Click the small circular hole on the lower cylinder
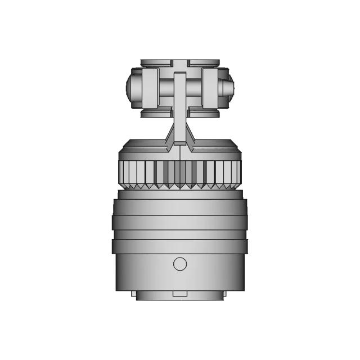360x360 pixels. tap(180, 263)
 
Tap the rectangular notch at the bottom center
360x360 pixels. tap(180, 294)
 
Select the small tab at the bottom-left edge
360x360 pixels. tap(133, 294)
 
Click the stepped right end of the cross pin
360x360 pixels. tap(229, 89)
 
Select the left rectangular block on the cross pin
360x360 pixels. tap(149, 89)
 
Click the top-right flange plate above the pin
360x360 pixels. tap(204, 62)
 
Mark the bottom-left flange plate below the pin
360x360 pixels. tap(155, 114)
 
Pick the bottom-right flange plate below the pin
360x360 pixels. tap(204, 114)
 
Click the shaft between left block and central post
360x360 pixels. tap(166, 89)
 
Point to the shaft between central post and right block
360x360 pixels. tap(193, 89)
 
